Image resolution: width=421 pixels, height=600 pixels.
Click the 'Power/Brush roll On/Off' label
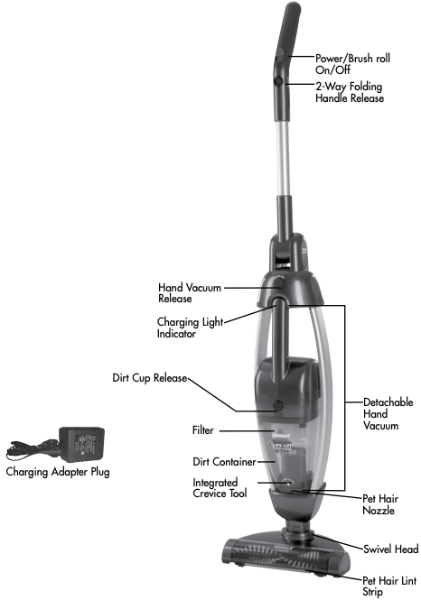click(352, 64)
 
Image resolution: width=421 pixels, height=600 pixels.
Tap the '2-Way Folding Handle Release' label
click(350, 92)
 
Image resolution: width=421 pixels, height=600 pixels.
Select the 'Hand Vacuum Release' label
click(190, 292)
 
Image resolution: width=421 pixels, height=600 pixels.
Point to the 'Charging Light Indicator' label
click(190, 328)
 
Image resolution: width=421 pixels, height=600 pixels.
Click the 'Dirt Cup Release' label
click(150, 378)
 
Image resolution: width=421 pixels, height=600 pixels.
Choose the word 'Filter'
click(202, 430)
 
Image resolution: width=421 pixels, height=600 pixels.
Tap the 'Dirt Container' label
click(224, 462)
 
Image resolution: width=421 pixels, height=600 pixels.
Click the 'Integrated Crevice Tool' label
click(220, 488)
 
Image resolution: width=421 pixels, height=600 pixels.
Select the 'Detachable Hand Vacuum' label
click(388, 413)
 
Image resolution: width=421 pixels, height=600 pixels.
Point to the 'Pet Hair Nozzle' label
click(380, 504)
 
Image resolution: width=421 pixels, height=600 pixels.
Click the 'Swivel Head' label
click(390, 549)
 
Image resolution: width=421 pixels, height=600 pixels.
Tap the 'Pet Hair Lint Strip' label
click(389, 586)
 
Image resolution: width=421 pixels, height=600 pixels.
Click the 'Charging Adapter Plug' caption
click(58, 472)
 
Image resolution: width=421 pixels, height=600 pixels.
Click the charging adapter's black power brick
click(81, 444)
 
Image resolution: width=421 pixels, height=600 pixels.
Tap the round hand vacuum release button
click(278, 283)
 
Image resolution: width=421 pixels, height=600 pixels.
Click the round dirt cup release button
click(277, 405)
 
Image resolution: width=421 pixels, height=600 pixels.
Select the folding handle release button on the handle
click(278, 81)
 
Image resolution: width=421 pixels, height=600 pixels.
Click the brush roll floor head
click(286, 555)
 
